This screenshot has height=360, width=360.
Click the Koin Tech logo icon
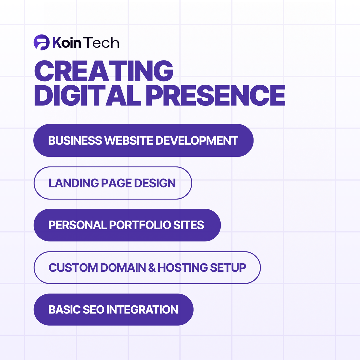[x=41, y=43]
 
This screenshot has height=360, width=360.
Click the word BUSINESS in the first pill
[x=75, y=140]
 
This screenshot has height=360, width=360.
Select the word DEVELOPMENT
[x=197, y=140]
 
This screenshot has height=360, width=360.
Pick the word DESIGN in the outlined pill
[x=156, y=183]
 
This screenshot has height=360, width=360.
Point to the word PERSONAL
[x=78, y=225]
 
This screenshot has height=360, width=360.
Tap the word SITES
[x=192, y=225]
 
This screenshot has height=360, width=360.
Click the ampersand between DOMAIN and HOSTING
[x=152, y=267]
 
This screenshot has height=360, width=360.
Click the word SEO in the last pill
[x=95, y=310]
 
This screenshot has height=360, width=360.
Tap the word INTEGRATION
[x=142, y=310]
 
